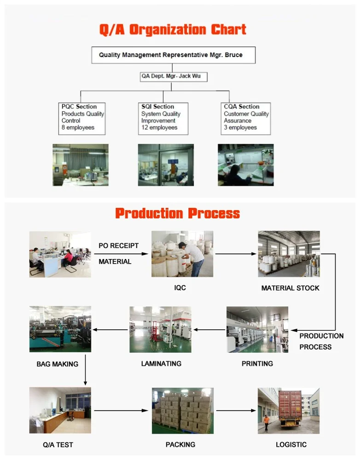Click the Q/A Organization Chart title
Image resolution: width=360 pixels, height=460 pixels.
coord(173,30)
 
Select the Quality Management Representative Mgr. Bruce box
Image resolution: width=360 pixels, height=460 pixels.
coord(173,55)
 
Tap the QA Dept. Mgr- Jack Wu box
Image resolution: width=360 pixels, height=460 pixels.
coord(173,76)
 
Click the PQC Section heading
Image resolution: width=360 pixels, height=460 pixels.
coord(79,107)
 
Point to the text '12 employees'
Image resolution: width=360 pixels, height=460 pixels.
coord(159,127)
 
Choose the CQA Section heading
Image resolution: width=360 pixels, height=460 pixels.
coord(241,107)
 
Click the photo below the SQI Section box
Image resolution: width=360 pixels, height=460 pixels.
coord(166,165)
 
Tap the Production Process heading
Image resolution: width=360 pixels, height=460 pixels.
coord(177,213)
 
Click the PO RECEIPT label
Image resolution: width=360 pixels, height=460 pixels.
coord(118,246)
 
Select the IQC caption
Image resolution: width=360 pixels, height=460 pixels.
coord(180,288)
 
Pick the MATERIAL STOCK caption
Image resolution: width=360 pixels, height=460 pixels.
coord(290,288)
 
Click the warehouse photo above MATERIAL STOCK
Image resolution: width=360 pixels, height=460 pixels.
coord(289,254)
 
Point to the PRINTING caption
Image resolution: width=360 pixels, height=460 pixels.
coord(257,363)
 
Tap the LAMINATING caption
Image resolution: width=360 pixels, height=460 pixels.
coord(161,363)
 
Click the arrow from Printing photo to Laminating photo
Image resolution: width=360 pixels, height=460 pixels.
coord(209,329)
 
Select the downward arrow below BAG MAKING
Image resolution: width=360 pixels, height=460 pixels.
coord(85,376)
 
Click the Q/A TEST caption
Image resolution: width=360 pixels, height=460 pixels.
coord(58,445)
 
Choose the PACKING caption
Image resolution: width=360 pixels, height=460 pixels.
coord(180,445)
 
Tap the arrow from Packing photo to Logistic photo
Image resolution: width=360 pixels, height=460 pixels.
coord(236,410)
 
